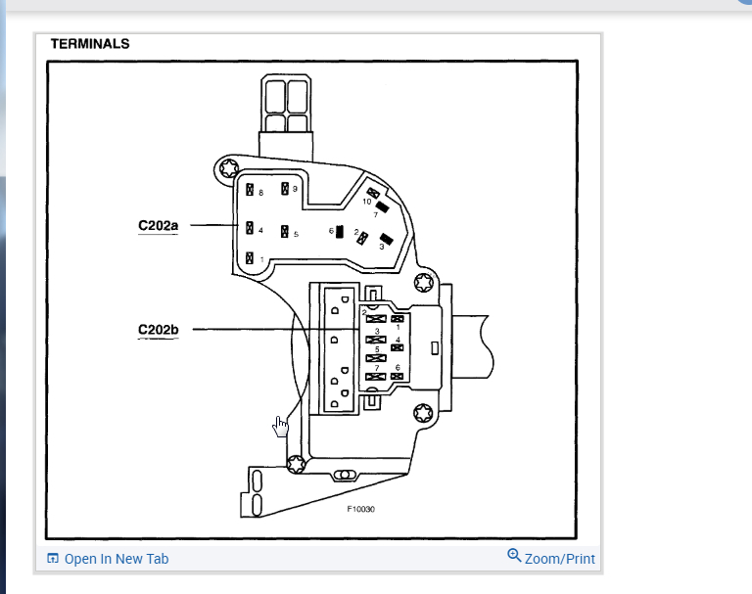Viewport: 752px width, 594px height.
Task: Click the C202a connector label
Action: [x=158, y=227]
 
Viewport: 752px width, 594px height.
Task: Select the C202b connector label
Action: [x=158, y=330]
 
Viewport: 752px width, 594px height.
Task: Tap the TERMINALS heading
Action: [x=90, y=44]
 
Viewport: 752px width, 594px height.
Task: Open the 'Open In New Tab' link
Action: [x=116, y=559]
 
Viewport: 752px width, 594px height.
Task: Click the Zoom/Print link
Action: [x=559, y=559]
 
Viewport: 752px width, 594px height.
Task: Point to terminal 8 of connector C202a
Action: [x=251, y=191]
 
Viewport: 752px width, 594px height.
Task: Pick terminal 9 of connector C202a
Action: [x=285, y=189]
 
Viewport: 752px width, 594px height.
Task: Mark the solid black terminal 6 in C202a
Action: [x=339, y=232]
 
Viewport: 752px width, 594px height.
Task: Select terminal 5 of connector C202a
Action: [x=284, y=233]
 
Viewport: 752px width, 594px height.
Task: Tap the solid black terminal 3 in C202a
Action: [x=386, y=239]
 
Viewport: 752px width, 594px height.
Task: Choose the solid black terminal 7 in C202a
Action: [x=383, y=206]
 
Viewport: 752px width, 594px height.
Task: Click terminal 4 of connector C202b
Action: [x=398, y=346]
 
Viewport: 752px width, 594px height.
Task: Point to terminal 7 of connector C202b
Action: [x=372, y=376]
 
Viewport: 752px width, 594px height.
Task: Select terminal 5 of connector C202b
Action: [x=372, y=357]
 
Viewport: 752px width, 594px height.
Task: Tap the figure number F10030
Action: [x=360, y=509]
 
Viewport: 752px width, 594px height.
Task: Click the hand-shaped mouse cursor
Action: [x=280, y=426]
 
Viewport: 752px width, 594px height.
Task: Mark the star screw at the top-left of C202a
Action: [x=230, y=167]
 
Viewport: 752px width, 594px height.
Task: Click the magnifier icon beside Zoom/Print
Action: [x=514, y=556]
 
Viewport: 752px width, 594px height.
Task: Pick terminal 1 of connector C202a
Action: [x=251, y=258]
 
